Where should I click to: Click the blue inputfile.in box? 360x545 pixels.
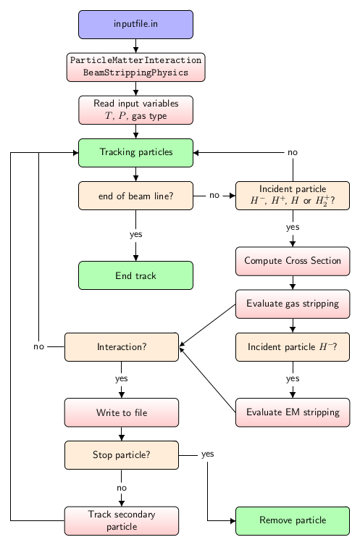coord(135,24)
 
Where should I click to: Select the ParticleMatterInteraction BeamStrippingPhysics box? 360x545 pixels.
coord(135,66)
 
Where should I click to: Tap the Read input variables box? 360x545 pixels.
coord(135,109)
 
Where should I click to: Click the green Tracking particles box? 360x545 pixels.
coord(135,152)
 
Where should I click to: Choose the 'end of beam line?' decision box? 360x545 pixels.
coord(135,196)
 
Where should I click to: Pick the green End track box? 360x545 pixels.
coord(135,275)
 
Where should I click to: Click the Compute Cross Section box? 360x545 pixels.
coord(293,261)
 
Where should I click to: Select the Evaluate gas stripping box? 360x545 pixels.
coord(293,304)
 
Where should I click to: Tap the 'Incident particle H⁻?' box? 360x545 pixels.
coord(293,347)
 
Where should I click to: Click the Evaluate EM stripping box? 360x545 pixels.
coord(293,412)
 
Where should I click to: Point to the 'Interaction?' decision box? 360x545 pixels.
coord(122,347)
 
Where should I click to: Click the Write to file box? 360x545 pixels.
coord(122,412)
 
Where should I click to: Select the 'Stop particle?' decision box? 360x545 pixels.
coord(122,455)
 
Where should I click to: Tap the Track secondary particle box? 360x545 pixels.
coord(122,520)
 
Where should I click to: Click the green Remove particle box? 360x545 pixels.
coord(293,520)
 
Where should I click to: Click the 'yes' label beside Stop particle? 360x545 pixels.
coord(208,454)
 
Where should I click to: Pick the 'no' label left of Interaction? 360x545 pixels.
coord(39,346)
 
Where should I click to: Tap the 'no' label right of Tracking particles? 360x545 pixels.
coord(293,153)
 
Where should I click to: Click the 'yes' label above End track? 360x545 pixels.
coord(135,234)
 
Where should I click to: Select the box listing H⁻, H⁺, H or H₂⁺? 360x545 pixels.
coord(293,196)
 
